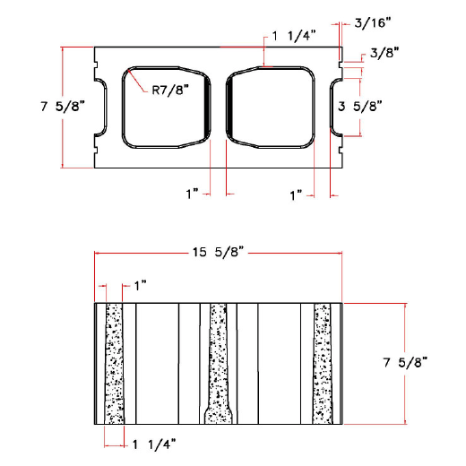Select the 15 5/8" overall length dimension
point(218,254)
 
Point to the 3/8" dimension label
point(380,54)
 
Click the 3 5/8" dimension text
point(360,106)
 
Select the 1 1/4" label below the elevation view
point(153,443)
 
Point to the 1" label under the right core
point(297,193)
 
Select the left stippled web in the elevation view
point(114,363)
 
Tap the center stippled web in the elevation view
point(218,358)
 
